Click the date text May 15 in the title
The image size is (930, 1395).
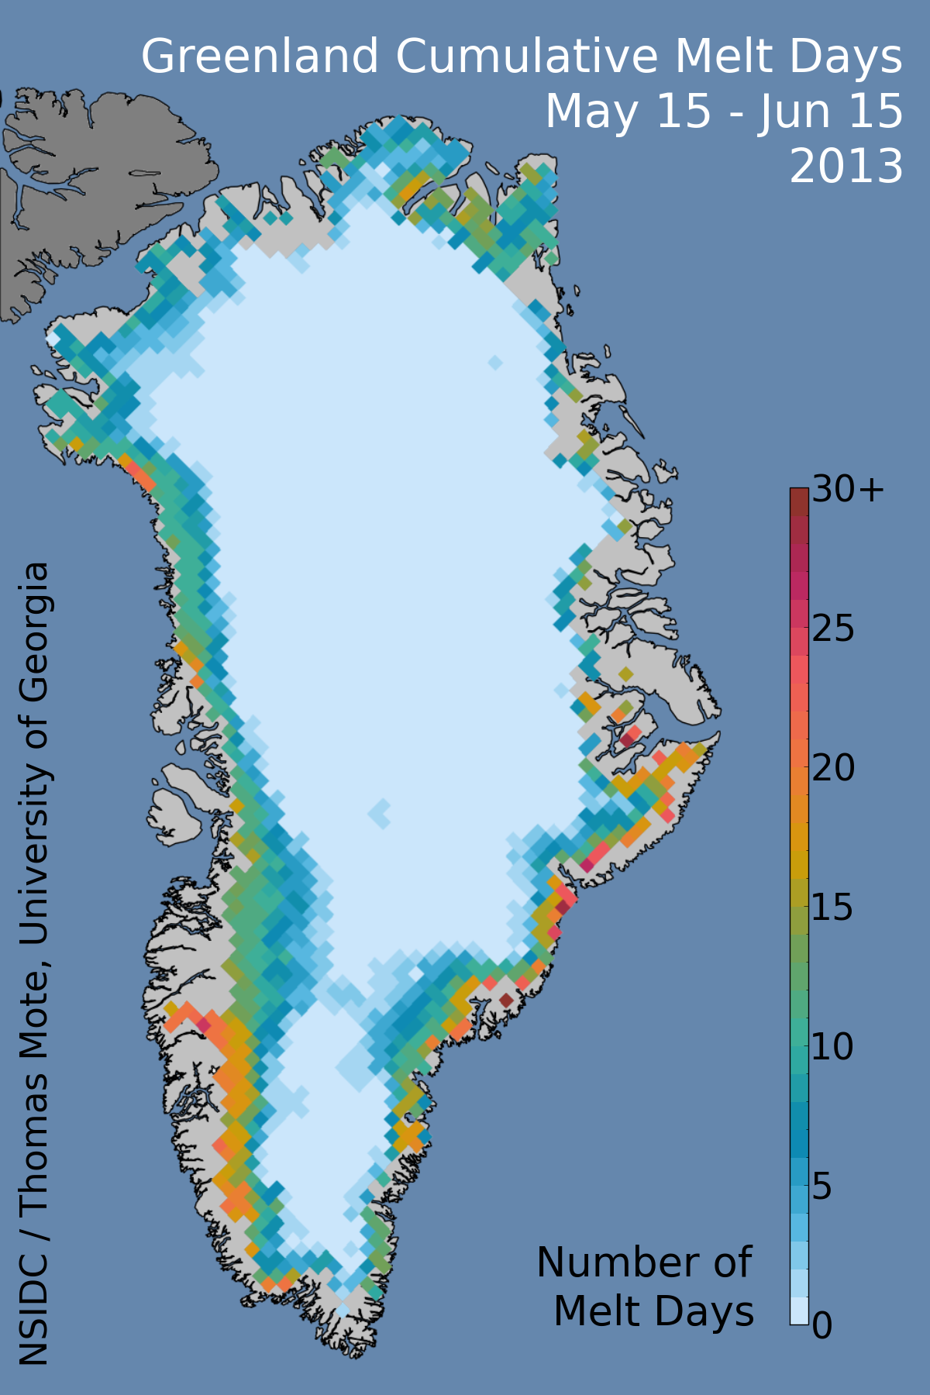coord(628,112)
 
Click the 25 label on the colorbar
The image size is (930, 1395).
coord(833,629)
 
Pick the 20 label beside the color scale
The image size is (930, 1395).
coord(833,769)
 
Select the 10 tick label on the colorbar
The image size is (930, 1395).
coord(833,1048)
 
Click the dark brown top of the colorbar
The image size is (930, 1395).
coord(799,500)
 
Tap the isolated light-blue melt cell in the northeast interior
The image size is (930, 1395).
coord(495,362)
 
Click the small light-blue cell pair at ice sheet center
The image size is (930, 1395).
coord(380,813)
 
